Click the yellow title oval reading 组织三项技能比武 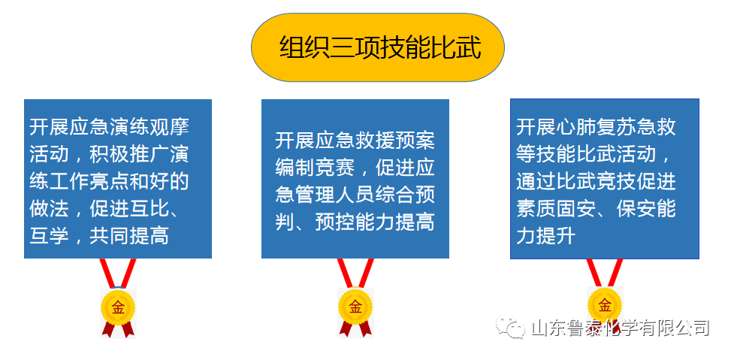tap(378, 47)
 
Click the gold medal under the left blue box tap(118, 307)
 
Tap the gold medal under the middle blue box tap(355, 307)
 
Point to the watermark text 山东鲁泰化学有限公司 tap(620, 328)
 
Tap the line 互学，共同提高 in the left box tap(99, 236)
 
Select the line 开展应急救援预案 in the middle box tap(355, 140)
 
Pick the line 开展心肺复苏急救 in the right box tap(596, 126)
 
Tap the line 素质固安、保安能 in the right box tap(596, 208)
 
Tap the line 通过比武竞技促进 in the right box tap(596, 181)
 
